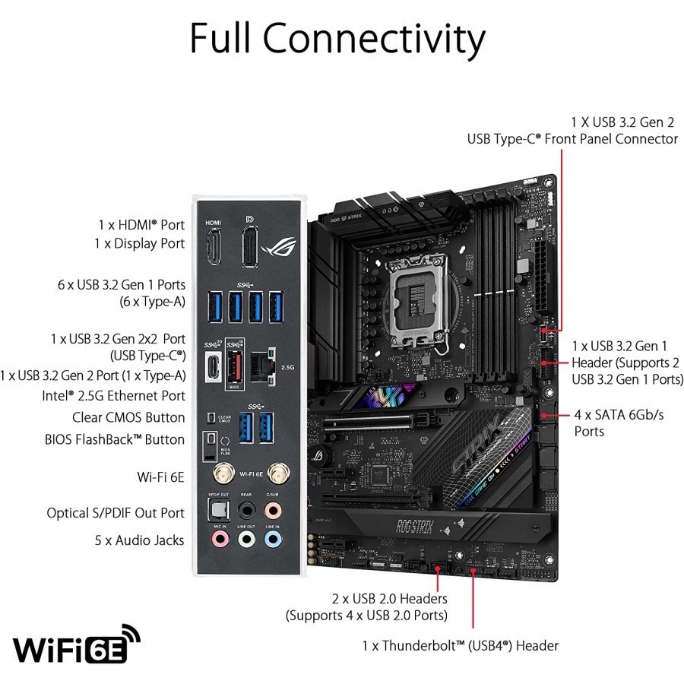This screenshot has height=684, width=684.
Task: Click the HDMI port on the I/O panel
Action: (x=214, y=250)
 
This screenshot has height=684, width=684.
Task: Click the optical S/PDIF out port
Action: (x=219, y=508)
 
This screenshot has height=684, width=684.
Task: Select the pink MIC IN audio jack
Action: (x=219, y=540)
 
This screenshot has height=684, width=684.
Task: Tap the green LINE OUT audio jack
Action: (x=246, y=540)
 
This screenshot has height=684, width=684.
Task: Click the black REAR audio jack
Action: (x=246, y=508)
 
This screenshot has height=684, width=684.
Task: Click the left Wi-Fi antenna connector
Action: (x=221, y=475)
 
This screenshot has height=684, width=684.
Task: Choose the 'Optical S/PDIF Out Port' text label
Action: (x=116, y=513)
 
